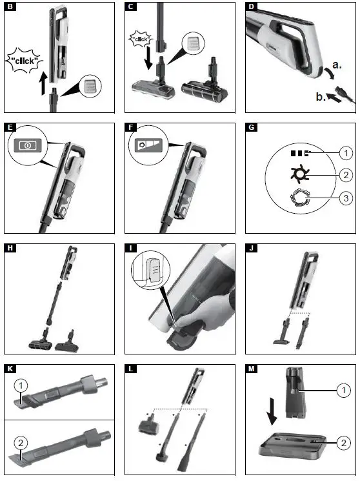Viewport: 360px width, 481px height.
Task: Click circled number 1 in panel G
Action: [x=346, y=154]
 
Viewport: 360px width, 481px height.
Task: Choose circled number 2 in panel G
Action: [x=346, y=176]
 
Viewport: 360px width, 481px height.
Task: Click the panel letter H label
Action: [x=8, y=248]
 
